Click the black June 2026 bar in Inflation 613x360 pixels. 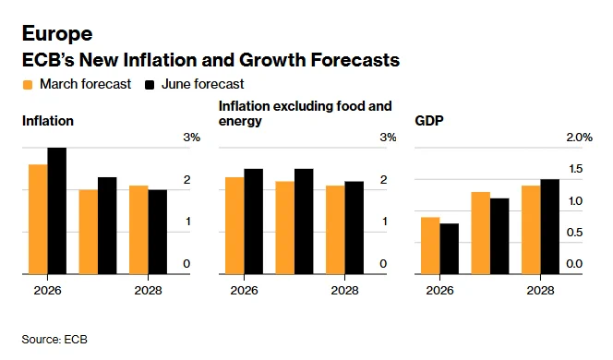[x=57, y=210]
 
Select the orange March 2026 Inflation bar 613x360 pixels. [x=39, y=220]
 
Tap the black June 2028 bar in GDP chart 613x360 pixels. [x=549, y=227]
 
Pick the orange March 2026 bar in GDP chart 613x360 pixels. [x=430, y=246]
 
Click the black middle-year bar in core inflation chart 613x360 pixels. [x=304, y=222]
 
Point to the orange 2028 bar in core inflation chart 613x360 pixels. [x=335, y=230]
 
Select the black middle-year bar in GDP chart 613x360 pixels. [x=499, y=236]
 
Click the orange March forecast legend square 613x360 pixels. [x=28, y=85]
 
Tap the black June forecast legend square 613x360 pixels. [x=150, y=85]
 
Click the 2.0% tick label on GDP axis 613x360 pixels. [x=580, y=138]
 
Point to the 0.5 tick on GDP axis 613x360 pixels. [x=574, y=233]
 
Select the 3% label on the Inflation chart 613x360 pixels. [x=192, y=138]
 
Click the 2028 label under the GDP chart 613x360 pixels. [x=540, y=291]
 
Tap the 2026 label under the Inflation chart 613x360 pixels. [x=47, y=291]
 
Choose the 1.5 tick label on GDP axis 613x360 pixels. [x=575, y=169]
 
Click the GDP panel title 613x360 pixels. [x=429, y=121]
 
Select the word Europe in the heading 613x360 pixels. [x=57, y=33]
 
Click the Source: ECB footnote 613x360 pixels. [x=54, y=340]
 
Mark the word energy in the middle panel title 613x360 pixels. [x=240, y=122]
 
